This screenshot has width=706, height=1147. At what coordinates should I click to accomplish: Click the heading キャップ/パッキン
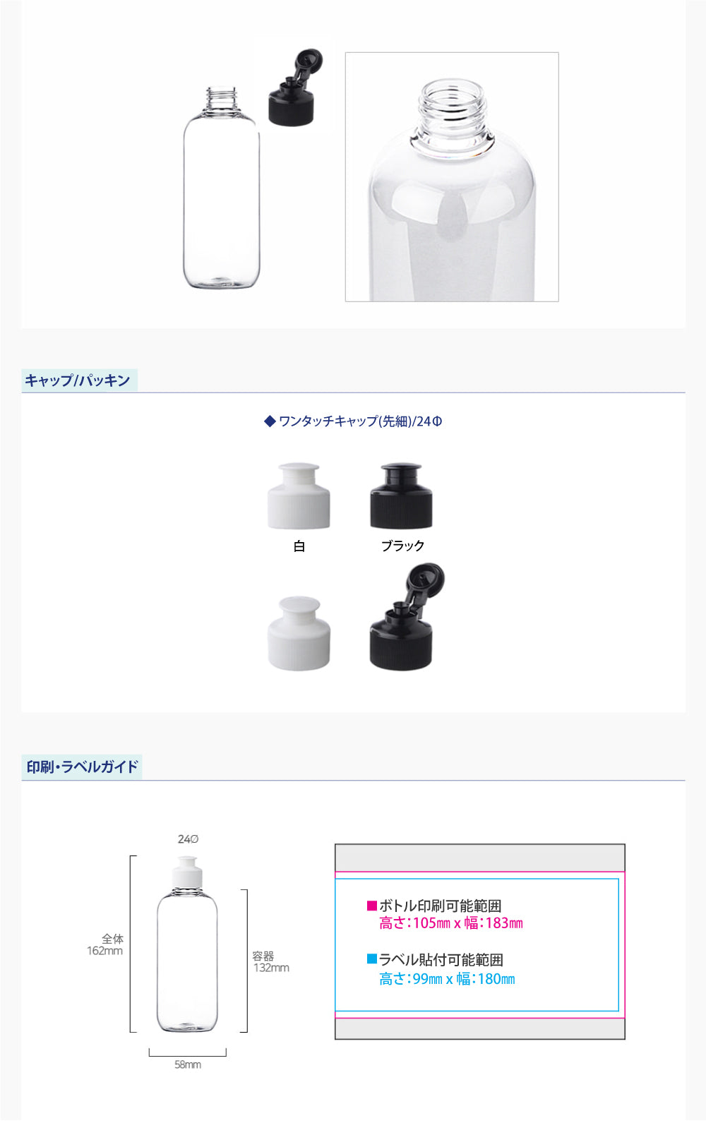[x=78, y=380]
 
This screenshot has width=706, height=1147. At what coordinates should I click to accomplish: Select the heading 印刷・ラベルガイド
[x=82, y=767]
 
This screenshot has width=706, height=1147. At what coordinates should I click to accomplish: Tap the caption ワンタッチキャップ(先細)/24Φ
[x=353, y=421]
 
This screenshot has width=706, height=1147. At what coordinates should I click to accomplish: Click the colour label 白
[x=299, y=546]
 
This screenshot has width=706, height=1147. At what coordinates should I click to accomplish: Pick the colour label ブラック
[x=402, y=546]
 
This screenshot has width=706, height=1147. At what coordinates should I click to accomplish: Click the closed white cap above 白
[x=299, y=496]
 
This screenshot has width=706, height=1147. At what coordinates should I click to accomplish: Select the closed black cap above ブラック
[x=401, y=496]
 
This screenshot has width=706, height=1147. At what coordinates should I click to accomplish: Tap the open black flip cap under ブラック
[x=406, y=616]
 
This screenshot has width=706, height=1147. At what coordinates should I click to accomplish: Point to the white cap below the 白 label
[x=299, y=633]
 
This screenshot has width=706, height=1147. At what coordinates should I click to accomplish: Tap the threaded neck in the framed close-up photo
[x=451, y=115]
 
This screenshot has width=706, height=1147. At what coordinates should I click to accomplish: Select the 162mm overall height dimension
[x=105, y=951]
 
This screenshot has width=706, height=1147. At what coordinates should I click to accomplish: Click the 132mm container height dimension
[x=272, y=968]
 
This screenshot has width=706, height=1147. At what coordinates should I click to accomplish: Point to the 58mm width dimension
[x=188, y=1064]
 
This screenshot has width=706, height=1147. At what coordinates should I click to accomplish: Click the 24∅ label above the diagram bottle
[x=188, y=839]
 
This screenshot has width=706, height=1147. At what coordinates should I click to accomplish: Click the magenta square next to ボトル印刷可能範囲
[x=372, y=906]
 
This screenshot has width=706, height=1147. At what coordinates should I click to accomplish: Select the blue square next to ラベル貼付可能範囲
[x=372, y=959]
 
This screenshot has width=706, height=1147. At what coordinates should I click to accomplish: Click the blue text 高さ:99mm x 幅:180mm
[x=447, y=979]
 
